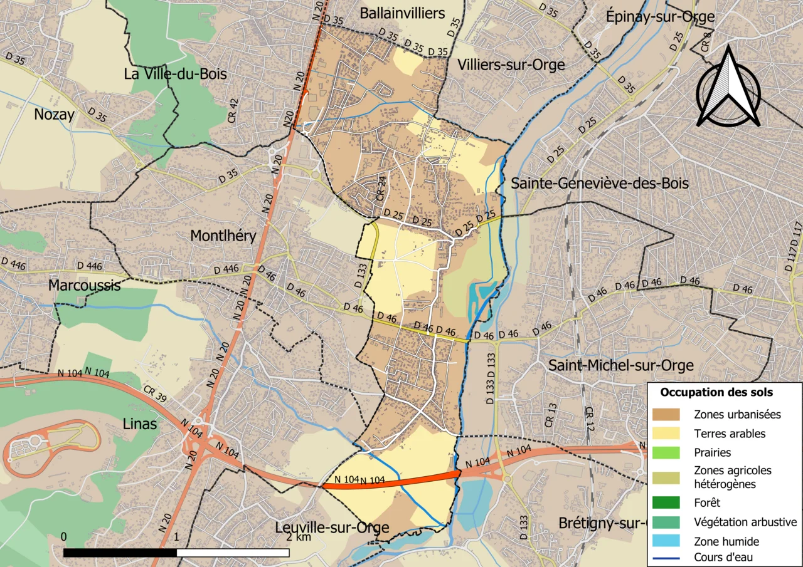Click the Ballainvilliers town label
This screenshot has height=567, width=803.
[402, 13]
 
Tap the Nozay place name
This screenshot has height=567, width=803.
[54, 115]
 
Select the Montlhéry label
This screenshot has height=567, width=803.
[223, 236]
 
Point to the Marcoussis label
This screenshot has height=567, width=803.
[85, 286]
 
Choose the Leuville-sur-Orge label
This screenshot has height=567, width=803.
[332, 528]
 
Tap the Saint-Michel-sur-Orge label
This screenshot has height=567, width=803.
[620, 365]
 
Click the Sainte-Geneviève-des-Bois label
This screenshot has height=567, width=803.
[600, 184]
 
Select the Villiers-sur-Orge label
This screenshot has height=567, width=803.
[511, 65]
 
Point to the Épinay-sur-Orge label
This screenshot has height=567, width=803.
[660, 17]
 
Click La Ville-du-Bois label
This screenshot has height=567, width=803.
[175, 75]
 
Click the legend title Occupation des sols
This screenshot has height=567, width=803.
[716, 393]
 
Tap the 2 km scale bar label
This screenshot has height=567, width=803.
[298, 538]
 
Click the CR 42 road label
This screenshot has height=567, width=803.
[233, 110]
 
